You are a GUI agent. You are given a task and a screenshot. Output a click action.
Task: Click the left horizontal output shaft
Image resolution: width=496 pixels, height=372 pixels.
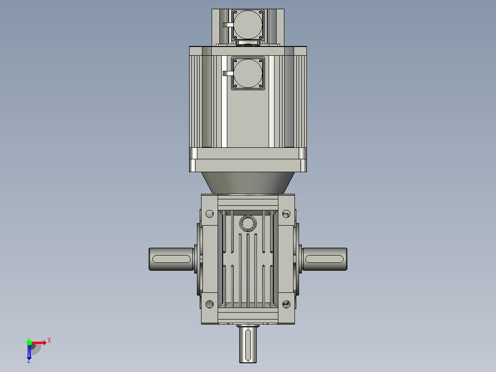point(171,259)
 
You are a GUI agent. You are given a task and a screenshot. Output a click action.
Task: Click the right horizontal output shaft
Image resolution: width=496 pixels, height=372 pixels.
point(324,259)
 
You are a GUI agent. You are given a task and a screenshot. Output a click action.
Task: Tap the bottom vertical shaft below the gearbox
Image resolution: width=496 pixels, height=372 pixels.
point(248,344)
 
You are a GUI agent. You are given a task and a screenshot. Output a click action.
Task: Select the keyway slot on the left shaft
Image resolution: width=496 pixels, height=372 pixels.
point(172,259)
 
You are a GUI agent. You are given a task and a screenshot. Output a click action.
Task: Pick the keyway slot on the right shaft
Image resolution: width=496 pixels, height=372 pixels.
point(324,259)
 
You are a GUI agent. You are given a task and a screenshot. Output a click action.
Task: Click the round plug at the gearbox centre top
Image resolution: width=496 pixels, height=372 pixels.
point(248,223)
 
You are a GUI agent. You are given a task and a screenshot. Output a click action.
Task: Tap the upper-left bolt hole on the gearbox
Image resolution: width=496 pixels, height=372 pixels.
point(209,214)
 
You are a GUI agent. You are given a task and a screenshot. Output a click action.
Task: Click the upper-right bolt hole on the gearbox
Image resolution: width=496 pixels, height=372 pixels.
point(286,214)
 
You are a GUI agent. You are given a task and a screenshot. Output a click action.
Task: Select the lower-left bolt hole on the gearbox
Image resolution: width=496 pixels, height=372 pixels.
point(209,304)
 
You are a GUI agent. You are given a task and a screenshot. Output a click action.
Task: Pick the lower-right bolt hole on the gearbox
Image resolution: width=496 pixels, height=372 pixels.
point(286,304)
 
